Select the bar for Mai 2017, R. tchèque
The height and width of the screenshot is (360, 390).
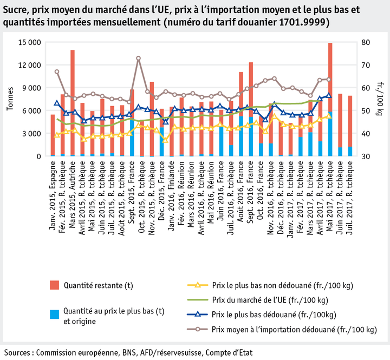[330, 97]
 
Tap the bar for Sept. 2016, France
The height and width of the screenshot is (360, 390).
[251, 108]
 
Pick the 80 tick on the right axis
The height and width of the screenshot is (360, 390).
[366, 43]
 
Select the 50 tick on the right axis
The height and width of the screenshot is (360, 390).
[366, 111]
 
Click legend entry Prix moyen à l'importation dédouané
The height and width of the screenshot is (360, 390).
[294, 329]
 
